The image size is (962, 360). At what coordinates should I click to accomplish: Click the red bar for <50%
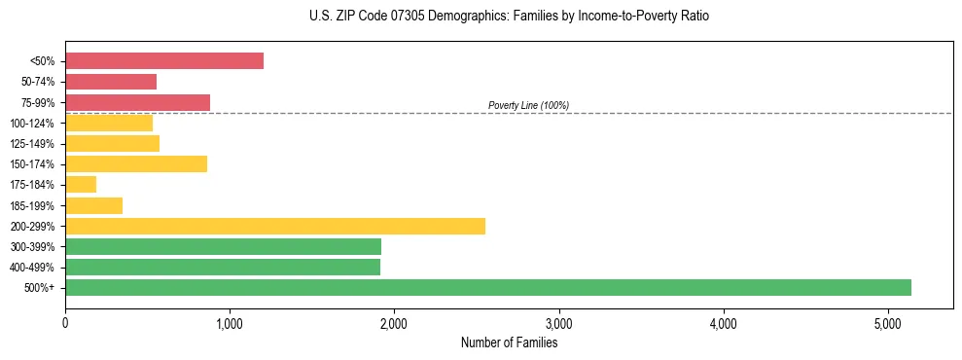[163, 61]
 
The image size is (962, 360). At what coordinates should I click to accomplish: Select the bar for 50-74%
[111, 82]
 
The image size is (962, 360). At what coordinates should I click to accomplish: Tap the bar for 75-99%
[137, 102]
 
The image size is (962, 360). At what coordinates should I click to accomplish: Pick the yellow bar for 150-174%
[136, 164]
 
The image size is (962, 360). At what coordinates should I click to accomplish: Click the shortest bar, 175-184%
[81, 185]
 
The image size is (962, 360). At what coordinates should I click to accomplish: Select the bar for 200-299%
[275, 226]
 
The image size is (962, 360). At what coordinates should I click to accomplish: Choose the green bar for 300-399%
[223, 246]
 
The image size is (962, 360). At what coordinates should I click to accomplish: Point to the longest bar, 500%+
[487, 287]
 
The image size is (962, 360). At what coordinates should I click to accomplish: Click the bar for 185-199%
[93, 205]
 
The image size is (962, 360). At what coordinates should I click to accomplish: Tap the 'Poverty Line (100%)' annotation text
[528, 105]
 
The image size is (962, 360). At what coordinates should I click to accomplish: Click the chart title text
[510, 17]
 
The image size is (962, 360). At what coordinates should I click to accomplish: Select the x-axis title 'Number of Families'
[509, 342]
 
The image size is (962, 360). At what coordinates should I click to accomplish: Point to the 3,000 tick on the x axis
[558, 324]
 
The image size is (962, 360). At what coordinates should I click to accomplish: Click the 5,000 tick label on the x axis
[887, 324]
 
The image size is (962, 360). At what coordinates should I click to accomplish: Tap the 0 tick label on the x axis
[65, 324]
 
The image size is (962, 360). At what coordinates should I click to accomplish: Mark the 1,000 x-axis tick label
[230, 324]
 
